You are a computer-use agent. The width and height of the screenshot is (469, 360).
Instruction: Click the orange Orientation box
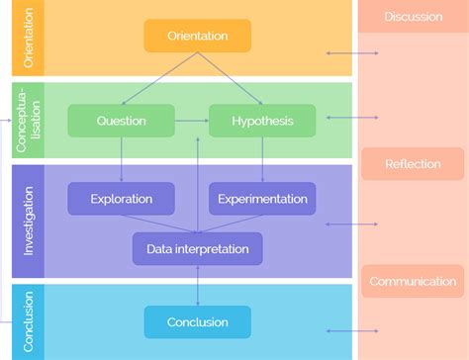tap(198, 36)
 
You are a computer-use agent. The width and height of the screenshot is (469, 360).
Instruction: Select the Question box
tap(121, 121)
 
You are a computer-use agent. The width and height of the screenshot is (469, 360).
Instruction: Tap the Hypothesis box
tap(262, 121)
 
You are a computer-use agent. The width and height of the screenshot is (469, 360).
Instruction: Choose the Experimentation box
tap(262, 199)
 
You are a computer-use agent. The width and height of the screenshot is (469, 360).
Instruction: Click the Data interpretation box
tap(198, 248)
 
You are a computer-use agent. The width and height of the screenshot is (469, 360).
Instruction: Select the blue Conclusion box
tap(198, 321)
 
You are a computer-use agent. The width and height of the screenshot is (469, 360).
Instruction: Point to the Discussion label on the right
tap(414, 17)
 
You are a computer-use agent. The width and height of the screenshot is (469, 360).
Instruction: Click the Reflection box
tap(414, 164)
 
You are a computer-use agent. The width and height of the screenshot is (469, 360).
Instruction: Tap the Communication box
tap(413, 281)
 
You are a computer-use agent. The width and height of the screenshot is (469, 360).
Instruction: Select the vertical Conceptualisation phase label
tap(28, 121)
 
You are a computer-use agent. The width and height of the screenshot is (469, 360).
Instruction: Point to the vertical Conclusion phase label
tap(28, 321)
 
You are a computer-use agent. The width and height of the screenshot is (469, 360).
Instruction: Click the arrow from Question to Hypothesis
tap(191, 121)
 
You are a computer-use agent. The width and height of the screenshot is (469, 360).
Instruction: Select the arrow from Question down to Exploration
tap(121, 159)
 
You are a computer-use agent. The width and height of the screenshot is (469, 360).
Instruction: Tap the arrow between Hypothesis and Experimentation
tap(262, 159)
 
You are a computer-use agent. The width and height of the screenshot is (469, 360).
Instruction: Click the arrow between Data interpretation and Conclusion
tap(198, 285)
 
